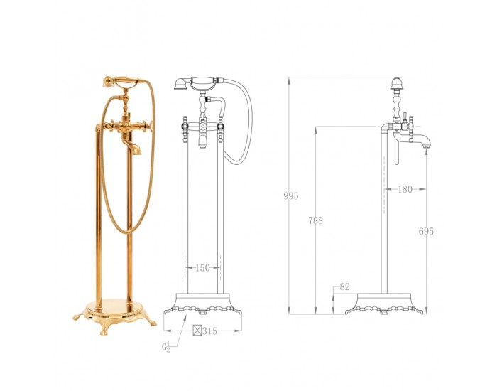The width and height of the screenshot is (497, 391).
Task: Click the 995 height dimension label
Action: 291,196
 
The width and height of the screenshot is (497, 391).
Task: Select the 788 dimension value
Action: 315,220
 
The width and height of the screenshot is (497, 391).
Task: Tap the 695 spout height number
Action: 426,231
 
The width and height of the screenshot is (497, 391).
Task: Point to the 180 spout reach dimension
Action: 405,189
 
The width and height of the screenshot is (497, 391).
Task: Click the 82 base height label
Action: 344,286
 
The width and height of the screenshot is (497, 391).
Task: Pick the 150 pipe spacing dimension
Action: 202,268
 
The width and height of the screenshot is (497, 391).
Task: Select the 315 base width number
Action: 210,331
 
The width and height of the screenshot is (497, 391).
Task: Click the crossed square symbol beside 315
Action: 197,331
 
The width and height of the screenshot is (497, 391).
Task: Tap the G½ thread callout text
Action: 166,346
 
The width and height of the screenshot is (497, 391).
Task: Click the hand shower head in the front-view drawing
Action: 182,84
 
